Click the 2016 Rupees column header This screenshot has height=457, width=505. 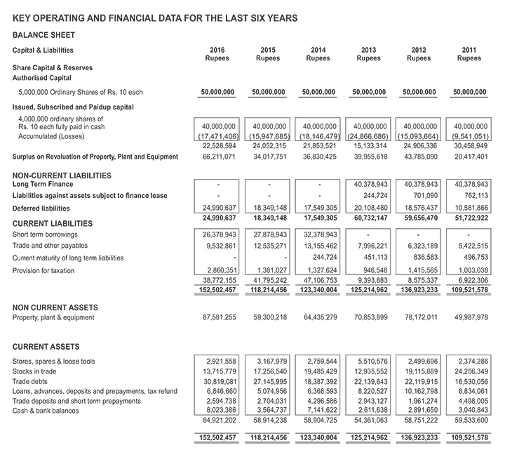pos(217,54)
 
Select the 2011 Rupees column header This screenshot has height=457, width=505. pos(469,54)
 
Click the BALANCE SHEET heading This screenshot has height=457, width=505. pos(43,34)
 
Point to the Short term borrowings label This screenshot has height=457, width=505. pos(43,234)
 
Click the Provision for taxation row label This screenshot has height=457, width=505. pos(43,270)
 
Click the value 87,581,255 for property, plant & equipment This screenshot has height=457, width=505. pos(217,317)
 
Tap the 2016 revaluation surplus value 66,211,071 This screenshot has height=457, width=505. pos(217,157)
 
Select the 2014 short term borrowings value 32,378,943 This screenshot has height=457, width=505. pos(318,234)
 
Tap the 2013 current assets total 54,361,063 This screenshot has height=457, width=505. pos(368,419)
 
